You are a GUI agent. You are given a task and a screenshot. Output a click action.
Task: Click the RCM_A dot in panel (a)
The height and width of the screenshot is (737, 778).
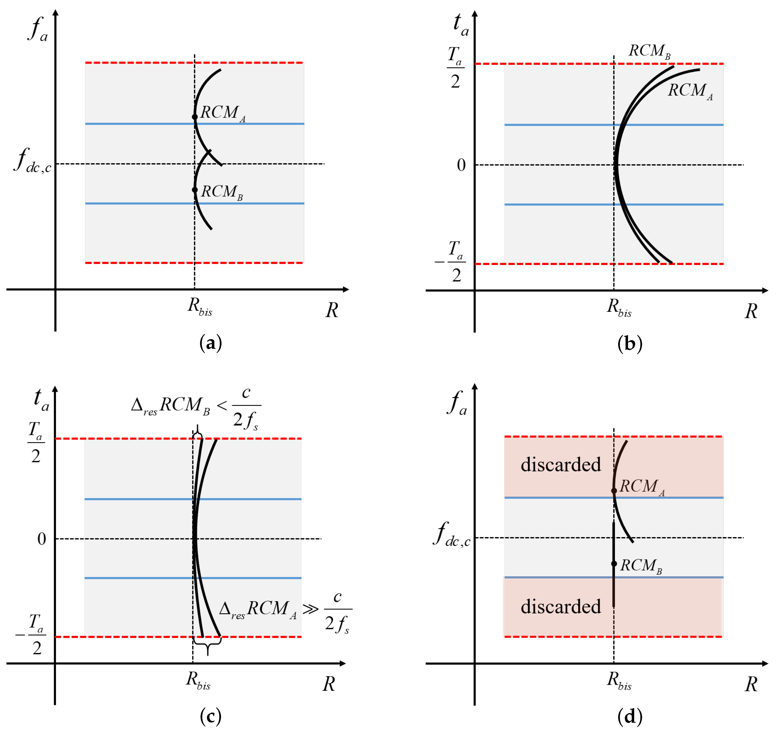[x=195, y=117]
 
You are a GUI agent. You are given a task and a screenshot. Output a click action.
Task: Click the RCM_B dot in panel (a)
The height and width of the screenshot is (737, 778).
[x=195, y=190]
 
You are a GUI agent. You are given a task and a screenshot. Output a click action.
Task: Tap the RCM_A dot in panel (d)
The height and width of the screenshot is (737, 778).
[x=614, y=491]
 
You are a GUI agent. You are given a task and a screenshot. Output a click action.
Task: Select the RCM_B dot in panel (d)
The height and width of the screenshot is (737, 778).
[x=614, y=564]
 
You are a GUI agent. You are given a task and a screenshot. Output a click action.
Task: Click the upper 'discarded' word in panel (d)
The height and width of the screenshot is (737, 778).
[x=561, y=465]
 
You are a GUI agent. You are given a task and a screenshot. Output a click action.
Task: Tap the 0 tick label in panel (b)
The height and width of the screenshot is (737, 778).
[x=461, y=165]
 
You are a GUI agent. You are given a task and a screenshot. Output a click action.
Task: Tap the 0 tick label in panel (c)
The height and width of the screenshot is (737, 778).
[x=42, y=539]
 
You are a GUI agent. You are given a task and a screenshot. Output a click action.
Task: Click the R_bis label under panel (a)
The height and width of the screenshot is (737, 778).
[x=200, y=306]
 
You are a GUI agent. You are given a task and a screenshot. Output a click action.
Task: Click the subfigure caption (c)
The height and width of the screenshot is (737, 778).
[x=211, y=717]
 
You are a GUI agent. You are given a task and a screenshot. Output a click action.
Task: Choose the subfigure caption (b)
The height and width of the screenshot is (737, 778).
[x=630, y=344]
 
